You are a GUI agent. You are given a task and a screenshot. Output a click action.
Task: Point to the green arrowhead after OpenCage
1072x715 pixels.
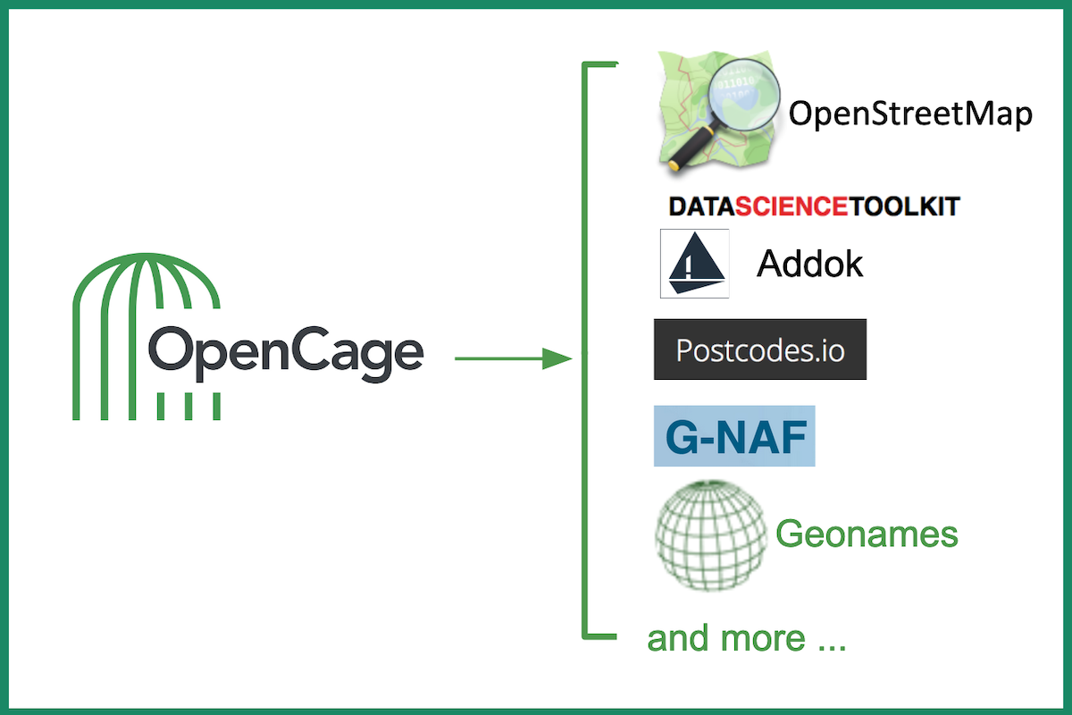(x=557, y=359)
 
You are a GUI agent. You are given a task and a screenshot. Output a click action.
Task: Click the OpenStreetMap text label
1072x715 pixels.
(x=910, y=114)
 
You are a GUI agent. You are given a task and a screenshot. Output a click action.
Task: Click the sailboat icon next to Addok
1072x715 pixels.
(x=695, y=263)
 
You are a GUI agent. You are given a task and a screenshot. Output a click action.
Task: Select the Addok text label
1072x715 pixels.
(x=810, y=264)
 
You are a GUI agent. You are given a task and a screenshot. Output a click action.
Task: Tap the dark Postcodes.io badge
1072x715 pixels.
(x=760, y=349)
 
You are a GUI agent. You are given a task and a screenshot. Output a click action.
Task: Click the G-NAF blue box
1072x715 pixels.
(x=734, y=437)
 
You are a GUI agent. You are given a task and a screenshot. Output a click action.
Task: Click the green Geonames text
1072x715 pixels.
(x=867, y=534)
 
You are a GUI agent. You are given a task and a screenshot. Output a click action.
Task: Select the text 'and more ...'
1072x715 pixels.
(x=746, y=639)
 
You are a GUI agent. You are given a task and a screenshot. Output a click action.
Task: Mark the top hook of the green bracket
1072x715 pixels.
(x=600, y=64)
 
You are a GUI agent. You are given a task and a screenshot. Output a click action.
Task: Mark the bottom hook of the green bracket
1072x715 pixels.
(x=600, y=637)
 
